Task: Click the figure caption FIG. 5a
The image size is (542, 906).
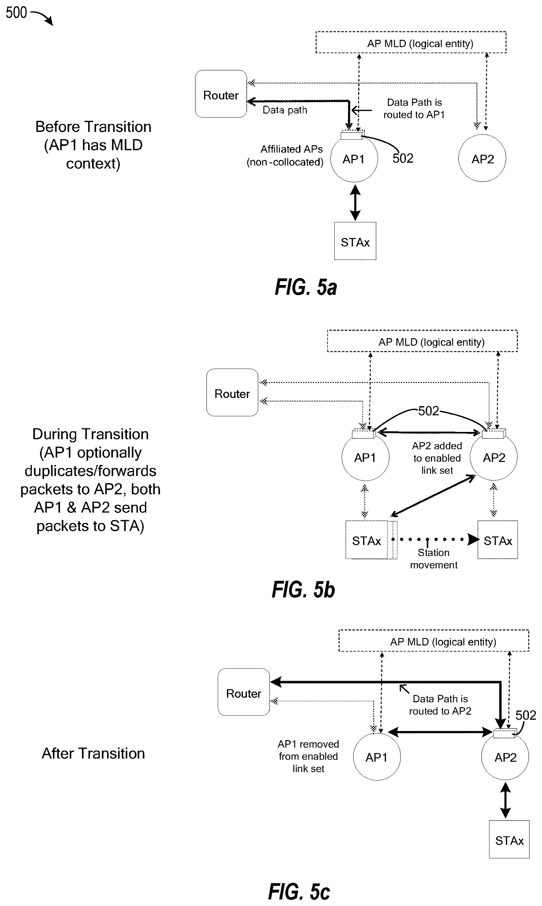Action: point(306,287)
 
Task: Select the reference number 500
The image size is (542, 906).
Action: point(16,13)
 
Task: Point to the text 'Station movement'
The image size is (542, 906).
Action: point(434,559)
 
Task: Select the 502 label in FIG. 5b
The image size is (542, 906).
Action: point(428,411)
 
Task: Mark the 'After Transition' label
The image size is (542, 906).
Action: point(93,753)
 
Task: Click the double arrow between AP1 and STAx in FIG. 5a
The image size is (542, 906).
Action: point(355,203)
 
